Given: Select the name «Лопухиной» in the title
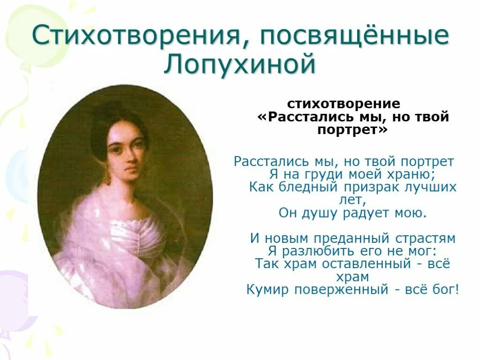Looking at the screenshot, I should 239,65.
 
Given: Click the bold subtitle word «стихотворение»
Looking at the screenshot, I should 344,104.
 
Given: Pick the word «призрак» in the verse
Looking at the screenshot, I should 371,187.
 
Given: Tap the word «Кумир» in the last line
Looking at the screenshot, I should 268,290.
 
